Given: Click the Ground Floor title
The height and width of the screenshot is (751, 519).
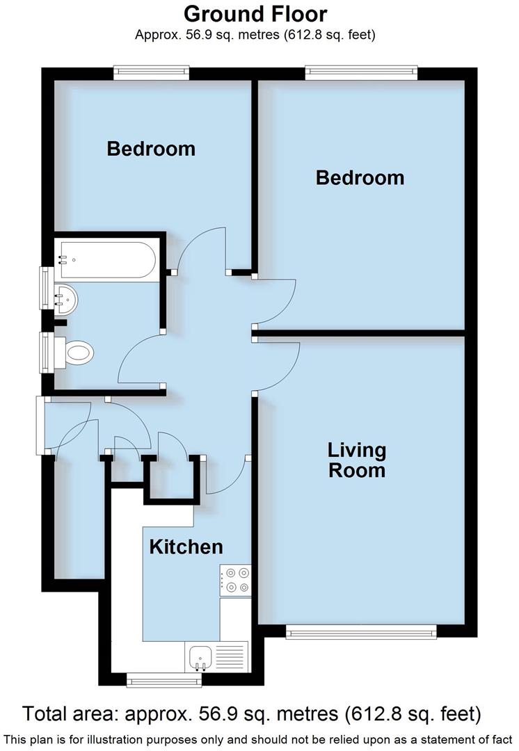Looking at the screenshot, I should click(x=255, y=14).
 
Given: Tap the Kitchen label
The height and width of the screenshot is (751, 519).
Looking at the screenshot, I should click(x=186, y=547).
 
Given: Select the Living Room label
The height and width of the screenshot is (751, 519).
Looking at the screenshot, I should click(x=357, y=460).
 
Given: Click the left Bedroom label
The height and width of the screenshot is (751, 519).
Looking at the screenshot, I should click(x=151, y=148).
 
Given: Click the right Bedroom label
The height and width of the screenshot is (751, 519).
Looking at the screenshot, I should click(x=360, y=177).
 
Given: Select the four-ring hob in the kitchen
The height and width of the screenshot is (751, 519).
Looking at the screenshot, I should click(x=235, y=581).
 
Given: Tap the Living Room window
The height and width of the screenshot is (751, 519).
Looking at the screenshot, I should click(x=361, y=631).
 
